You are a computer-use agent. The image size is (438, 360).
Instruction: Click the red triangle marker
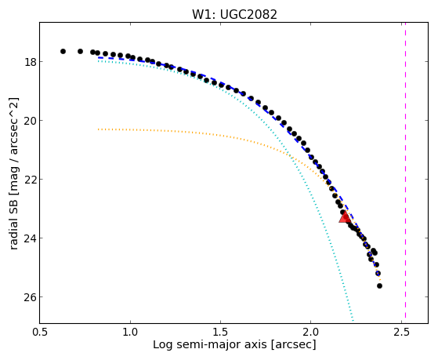pos(345,217)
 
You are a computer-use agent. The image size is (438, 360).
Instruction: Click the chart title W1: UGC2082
pos(234,14)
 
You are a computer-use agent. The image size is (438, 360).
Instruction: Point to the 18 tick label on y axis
pos(30,61)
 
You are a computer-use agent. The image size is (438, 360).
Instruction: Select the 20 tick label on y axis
pos(30,121)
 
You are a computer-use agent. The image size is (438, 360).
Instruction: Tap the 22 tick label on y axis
pos(30,180)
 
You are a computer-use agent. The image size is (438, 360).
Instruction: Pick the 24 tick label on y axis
pos(30,238)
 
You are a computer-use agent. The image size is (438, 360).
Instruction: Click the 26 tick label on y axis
pos(30,297)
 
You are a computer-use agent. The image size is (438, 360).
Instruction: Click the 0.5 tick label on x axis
pos(40,332)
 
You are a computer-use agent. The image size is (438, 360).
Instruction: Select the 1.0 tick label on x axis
pos(130,332)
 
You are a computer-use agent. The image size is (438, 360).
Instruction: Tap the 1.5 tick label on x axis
pos(221,332)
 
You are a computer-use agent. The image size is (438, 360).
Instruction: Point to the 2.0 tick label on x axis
pos(311,332)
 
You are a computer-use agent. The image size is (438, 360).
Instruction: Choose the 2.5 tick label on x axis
pos(401,332)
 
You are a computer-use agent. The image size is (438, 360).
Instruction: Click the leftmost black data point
pos(63,51)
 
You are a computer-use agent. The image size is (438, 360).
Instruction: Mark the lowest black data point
pos(379,285)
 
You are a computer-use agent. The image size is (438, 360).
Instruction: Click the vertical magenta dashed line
pos(405,173)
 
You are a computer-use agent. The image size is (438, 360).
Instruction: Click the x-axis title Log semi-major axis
pos(210,344)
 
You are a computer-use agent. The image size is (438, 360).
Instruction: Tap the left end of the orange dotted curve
pos(98,129)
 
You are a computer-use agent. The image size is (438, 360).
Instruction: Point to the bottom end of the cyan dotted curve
pos(353,321)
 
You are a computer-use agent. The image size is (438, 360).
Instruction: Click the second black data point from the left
pos(80,51)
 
